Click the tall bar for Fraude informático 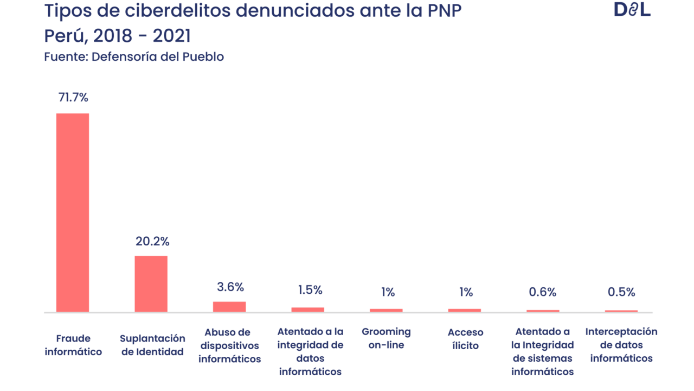click(73, 212)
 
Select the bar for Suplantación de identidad click(151, 283)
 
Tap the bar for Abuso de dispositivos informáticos click(229, 307)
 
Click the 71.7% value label click(73, 98)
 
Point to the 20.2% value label click(152, 242)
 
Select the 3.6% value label click(230, 287)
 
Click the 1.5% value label click(310, 290)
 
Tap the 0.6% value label click(543, 292)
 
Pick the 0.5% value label click(621, 292)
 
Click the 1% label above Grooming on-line click(388, 292)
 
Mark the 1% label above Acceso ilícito click(466, 292)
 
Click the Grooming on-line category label click(386, 338)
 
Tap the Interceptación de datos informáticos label click(621, 345)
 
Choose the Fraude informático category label click(73, 345)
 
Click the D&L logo click(632, 10)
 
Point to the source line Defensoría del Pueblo click(133, 57)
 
